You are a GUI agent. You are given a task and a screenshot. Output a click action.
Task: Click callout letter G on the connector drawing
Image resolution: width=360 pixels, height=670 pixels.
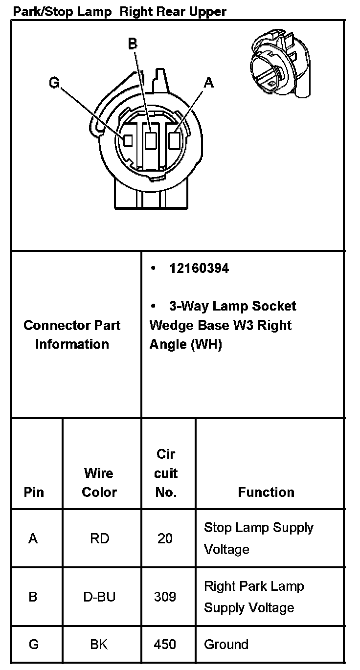(54, 83)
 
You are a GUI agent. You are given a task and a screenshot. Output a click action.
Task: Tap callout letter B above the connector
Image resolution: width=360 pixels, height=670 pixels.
(133, 44)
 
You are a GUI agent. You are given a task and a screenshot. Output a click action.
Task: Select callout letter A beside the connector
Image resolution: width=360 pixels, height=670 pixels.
(209, 83)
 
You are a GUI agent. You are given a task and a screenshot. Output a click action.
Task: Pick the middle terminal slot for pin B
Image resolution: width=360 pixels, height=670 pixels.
(152, 141)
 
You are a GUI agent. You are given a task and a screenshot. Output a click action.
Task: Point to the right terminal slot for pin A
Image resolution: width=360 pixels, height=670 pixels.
(174, 141)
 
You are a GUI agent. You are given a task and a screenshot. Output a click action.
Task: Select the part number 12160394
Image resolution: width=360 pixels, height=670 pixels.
(199, 268)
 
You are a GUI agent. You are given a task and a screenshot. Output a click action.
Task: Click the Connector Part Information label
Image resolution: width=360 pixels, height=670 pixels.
(72, 335)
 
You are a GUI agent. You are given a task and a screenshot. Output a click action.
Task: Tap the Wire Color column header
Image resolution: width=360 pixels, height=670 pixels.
(99, 482)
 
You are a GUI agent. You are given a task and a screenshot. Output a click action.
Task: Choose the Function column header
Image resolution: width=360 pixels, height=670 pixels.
(266, 492)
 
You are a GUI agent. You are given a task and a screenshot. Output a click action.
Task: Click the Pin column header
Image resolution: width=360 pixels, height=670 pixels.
(34, 492)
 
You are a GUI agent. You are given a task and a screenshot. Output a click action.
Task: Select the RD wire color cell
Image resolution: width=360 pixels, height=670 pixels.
(99, 538)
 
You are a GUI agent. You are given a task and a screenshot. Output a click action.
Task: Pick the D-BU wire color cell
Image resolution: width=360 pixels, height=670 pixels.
(99, 597)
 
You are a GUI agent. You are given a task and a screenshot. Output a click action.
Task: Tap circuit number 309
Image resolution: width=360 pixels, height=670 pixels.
(165, 597)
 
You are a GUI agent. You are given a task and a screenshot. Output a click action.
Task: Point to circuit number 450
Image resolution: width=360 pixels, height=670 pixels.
(165, 645)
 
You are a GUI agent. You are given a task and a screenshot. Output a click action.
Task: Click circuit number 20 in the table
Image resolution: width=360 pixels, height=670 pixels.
(165, 538)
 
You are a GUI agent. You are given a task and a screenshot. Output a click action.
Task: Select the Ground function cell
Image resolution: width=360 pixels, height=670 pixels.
(226, 645)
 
